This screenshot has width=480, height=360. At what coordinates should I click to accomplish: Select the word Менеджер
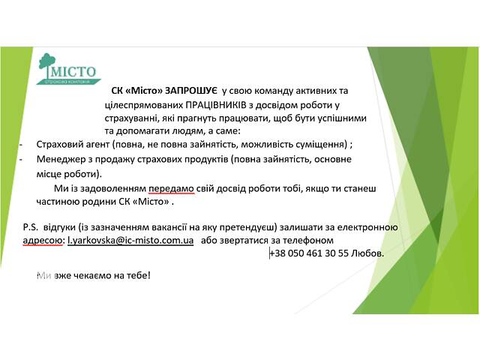tap(58, 160)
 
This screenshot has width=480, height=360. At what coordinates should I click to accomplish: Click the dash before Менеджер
tap(21, 160)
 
